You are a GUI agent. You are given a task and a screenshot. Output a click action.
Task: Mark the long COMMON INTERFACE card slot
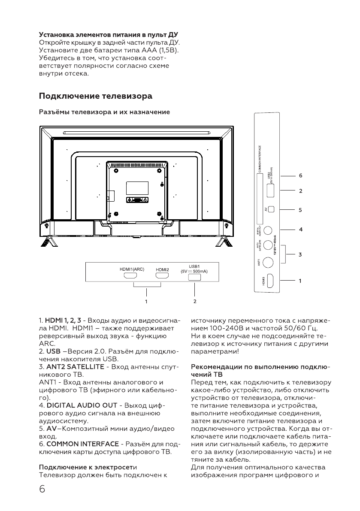pyautogui.click(x=259, y=189)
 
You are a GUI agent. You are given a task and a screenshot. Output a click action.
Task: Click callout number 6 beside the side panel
pyautogui.click(x=301, y=176)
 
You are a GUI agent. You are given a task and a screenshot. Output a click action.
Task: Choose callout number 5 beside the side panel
pyautogui.click(x=301, y=210)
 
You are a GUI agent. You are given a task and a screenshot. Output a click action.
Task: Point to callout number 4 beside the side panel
pyautogui.click(x=301, y=230)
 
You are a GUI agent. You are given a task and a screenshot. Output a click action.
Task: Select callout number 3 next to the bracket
pyautogui.click(x=301, y=254)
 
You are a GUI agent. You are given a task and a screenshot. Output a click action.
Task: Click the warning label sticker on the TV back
pyautogui.click(x=137, y=200)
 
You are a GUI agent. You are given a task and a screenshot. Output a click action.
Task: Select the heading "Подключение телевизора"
pyautogui.click(x=96, y=95)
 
